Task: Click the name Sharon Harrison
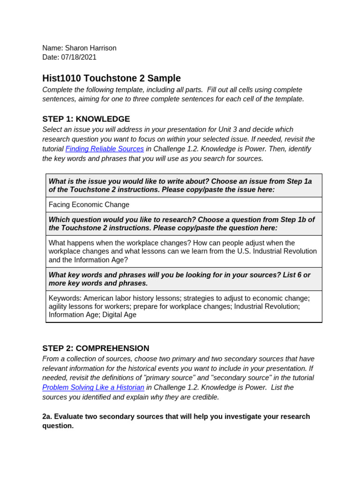pos(90,48)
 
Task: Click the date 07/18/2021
pos(79,57)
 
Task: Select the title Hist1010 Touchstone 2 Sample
pos(111,78)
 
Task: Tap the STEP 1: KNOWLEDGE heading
pos(86,119)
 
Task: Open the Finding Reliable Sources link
pos(105,149)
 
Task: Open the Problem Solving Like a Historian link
pos(93,388)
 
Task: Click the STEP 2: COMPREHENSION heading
pos(96,348)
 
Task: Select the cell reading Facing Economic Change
pos(89,205)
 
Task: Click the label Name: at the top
pos(52,48)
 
